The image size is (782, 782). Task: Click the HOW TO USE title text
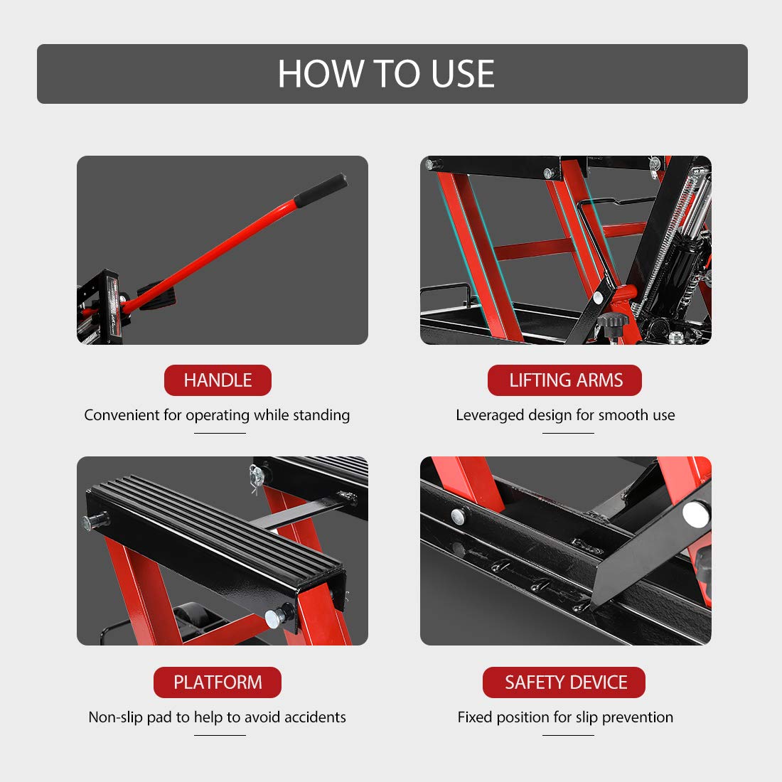point(386,74)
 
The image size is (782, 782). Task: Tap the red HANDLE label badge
point(218,380)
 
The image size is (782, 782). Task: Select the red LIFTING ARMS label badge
point(564,380)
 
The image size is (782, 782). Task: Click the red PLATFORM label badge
point(218,682)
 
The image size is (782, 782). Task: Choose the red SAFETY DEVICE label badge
point(564,682)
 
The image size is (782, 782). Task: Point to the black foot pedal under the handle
point(158,296)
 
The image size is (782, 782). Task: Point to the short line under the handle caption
point(220,433)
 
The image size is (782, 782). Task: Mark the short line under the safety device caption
point(568,734)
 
